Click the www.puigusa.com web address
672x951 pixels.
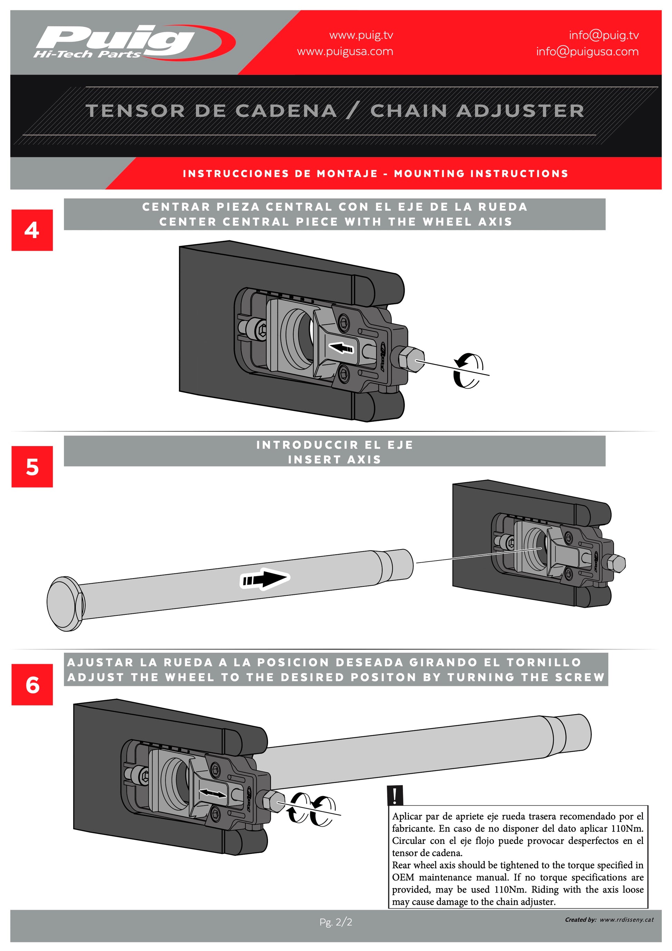point(345,52)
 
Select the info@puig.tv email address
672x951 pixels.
point(603,35)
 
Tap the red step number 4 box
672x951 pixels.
point(32,230)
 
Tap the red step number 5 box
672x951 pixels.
point(32,467)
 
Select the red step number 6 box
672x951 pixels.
point(32,685)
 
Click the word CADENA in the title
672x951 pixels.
point(286,111)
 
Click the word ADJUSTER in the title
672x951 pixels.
point(520,111)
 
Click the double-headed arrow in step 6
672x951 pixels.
point(213,793)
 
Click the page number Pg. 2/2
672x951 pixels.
point(336,922)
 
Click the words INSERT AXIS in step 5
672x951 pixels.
point(334,460)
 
